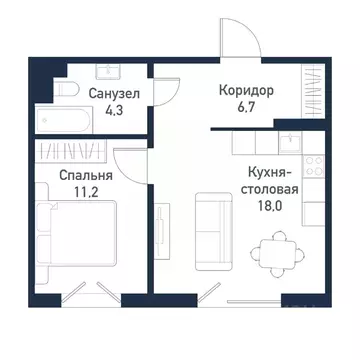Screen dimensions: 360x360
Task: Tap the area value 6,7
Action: [x=246, y=108]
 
